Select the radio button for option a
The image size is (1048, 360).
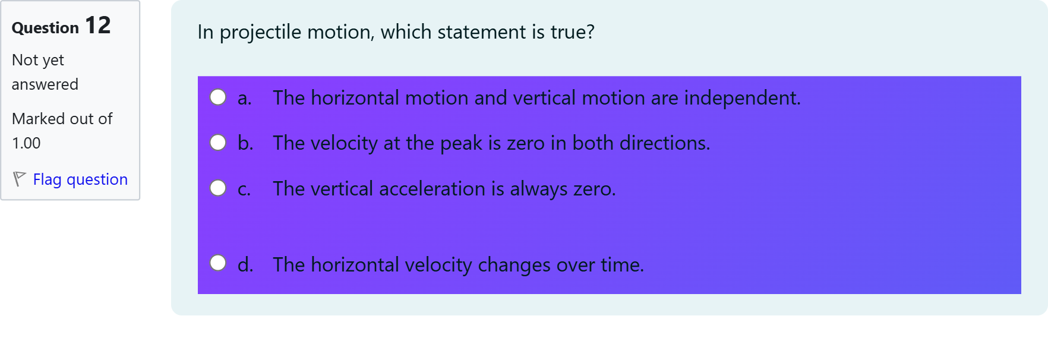[x=218, y=97]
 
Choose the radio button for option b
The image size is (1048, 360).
[x=218, y=143]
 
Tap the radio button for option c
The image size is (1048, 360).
[x=218, y=188]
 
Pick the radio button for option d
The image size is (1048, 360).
[x=218, y=263]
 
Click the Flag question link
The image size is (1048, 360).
[x=80, y=179]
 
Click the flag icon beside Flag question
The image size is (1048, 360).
[x=19, y=179]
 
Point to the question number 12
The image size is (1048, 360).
[x=98, y=26]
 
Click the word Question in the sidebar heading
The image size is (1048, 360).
[x=45, y=28]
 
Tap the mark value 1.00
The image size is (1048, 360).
[x=26, y=143]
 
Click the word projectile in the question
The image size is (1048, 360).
[x=260, y=33]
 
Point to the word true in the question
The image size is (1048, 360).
[x=572, y=32]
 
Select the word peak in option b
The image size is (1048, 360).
[x=461, y=144]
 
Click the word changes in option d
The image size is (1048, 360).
[x=514, y=265]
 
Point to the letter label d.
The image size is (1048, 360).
[x=245, y=265]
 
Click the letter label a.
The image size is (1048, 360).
[x=244, y=99]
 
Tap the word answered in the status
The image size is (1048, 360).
[x=45, y=84]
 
